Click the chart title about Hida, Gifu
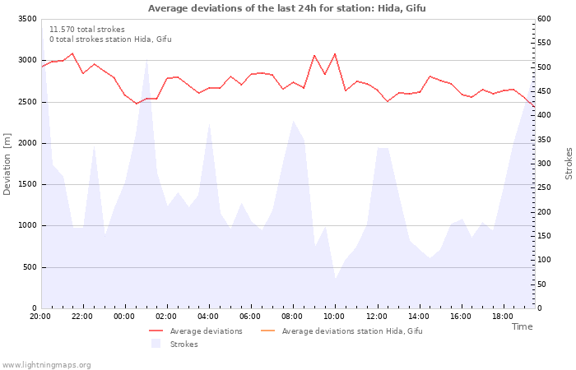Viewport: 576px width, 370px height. (x=287, y=8)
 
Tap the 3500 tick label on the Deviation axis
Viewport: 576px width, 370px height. (x=27, y=19)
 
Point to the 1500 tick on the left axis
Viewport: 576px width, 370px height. (x=27, y=184)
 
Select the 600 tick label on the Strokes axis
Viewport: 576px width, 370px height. (x=544, y=19)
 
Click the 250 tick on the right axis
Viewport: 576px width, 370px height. (x=544, y=187)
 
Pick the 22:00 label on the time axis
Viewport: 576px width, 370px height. (x=82, y=317)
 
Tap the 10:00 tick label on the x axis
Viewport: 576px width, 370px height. (x=334, y=317)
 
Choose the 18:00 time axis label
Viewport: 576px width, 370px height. (x=503, y=317)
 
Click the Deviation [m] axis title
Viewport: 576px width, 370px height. (x=7, y=164)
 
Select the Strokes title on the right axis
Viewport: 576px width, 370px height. (x=569, y=164)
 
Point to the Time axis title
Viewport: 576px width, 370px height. (x=522, y=326)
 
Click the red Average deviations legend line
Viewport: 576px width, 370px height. (x=156, y=331)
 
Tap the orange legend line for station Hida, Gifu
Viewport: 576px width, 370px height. (x=267, y=331)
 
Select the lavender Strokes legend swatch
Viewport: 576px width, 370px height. (x=156, y=344)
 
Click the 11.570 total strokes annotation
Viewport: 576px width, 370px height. (x=87, y=30)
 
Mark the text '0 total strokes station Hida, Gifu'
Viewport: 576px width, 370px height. (x=110, y=39)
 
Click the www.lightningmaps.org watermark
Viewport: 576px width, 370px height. (x=45, y=365)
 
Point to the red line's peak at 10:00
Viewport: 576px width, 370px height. (x=335, y=54)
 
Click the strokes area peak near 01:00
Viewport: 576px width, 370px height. (x=147, y=59)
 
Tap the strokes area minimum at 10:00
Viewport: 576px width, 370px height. (x=335, y=278)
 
